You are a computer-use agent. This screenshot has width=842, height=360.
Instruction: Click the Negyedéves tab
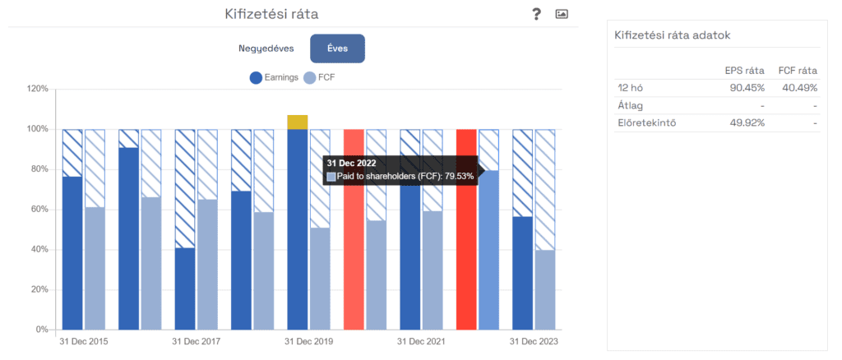266,48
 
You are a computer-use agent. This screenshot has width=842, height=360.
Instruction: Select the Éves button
337,48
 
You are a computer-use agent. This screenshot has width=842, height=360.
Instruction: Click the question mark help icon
536,14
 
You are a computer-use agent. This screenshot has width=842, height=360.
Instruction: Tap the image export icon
562,14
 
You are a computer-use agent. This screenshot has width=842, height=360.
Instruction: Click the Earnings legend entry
275,78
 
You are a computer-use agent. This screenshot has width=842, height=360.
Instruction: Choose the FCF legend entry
320,78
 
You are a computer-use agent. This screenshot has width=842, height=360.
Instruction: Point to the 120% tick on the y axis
38,89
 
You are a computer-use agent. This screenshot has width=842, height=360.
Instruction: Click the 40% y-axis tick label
38,250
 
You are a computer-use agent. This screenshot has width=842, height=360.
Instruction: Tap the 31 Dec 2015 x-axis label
83,341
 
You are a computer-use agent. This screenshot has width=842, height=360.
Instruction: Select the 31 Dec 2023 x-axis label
533,341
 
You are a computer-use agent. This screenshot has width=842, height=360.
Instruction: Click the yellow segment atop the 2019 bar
298,122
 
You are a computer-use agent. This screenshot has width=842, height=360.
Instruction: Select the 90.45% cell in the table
747,88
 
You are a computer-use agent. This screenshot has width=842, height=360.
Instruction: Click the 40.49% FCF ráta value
798,88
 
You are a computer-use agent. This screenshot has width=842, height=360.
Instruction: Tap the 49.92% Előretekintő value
747,123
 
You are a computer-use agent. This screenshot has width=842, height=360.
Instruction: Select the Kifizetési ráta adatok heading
672,35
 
